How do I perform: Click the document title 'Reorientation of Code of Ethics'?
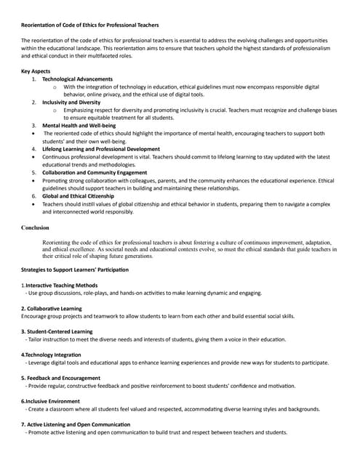point(90,25)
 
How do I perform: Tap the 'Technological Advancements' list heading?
point(77,78)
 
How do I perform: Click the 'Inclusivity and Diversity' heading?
point(71,102)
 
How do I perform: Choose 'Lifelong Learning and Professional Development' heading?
point(101,149)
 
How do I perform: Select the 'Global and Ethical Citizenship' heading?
point(81,196)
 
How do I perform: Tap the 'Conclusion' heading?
point(36,227)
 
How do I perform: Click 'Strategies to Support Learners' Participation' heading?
point(75,270)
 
